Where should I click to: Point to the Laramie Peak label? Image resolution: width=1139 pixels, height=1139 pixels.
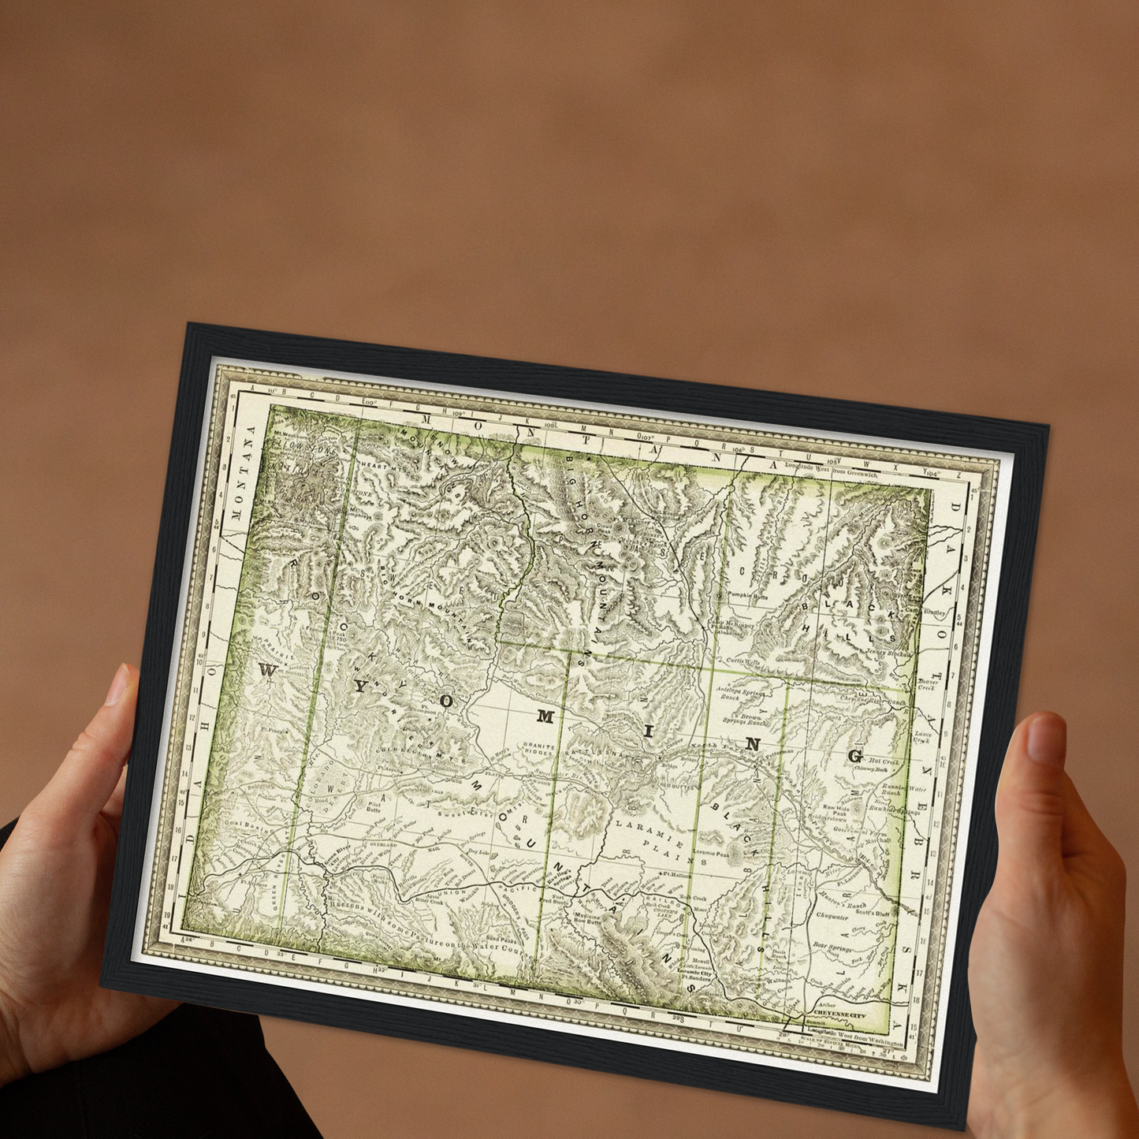point(711,853)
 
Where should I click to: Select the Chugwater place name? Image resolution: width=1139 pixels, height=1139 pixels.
point(832,917)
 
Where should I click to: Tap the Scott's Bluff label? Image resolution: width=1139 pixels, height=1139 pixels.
point(873,913)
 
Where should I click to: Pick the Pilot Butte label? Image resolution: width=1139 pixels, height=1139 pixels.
point(373,806)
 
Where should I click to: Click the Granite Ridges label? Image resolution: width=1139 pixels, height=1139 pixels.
point(539,749)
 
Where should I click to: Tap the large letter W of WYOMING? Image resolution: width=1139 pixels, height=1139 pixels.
point(267,671)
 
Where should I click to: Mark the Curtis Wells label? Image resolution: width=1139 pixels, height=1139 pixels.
point(743,661)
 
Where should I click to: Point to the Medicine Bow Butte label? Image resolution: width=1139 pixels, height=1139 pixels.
point(587,917)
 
